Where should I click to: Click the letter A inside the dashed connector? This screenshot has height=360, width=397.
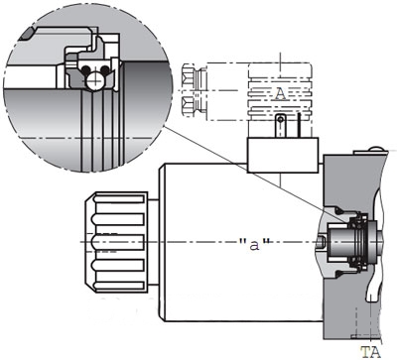click(280, 94)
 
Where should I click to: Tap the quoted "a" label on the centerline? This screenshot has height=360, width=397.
click(254, 245)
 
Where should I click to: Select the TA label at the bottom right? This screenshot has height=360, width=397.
click(370, 352)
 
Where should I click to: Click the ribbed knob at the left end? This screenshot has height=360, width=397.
click(116, 242)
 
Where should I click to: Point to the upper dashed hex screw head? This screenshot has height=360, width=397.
click(189, 75)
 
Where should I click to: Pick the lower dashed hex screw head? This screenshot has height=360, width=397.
click(189, 106)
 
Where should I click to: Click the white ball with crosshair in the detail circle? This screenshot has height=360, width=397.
click(94, 80)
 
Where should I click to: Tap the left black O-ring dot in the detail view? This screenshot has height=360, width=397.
click(85, 69)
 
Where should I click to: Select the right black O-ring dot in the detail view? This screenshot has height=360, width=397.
click(105, 69)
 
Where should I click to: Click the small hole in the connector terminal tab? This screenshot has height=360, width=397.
click(281, 119)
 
